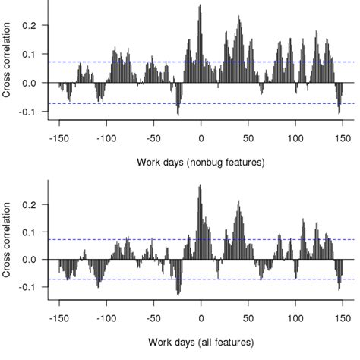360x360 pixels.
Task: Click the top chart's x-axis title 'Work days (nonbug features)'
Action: click(x=201, y=162)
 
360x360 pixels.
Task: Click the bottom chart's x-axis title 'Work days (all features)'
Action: click(x=201, y=341)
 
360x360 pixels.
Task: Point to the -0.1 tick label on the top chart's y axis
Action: click(x=27, y=112)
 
